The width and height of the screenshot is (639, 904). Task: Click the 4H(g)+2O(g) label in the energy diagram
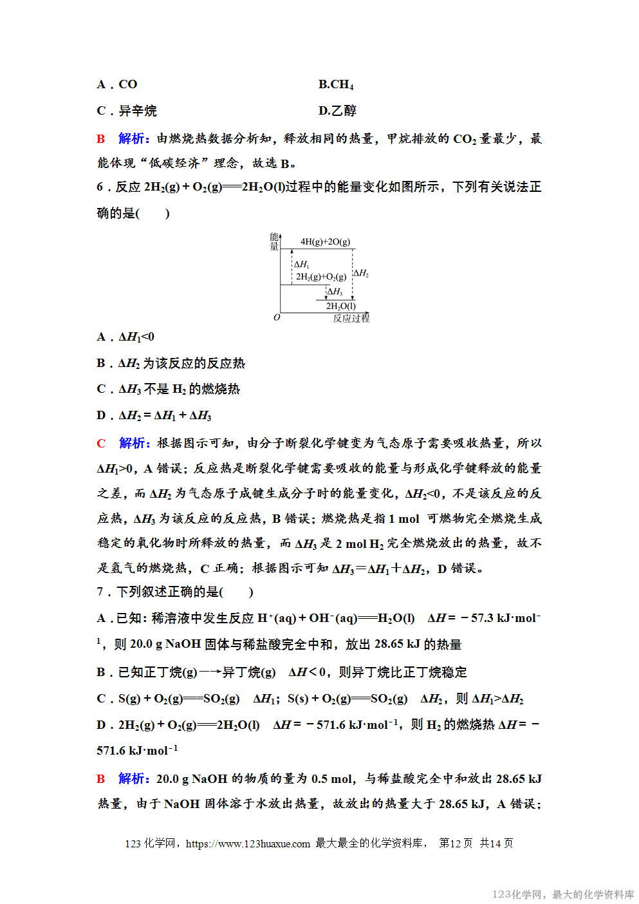[325, 242]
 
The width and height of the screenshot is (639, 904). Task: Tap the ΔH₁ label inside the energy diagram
[301, 264]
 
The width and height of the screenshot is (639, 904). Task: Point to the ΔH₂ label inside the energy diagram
[361, 273]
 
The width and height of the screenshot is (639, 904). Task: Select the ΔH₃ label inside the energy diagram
[335, 292]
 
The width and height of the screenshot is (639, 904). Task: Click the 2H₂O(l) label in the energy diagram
[340, 306]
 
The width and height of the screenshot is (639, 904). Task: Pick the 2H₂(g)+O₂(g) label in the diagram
[320, 277]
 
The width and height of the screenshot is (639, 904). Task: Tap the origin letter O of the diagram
[277, 317]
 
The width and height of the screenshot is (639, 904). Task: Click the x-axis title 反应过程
[351, 318]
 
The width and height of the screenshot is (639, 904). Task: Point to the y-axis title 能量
[274, 241]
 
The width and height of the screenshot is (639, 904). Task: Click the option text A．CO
[117, 84]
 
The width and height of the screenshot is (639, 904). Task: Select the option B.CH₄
[336, 84]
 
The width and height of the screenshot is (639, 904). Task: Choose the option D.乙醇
[337, 111]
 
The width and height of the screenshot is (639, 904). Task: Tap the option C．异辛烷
[127, 111]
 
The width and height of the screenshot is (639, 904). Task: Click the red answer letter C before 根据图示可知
[101, 443]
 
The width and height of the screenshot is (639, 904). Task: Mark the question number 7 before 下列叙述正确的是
[100, 592]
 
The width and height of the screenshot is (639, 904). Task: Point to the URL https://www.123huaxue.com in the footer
[248, 843]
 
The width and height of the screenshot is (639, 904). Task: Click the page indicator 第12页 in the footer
[456, 843]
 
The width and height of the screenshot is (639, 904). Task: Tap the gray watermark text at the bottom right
[562, 894]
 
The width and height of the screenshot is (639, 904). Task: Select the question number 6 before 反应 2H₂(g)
[100, 187]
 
